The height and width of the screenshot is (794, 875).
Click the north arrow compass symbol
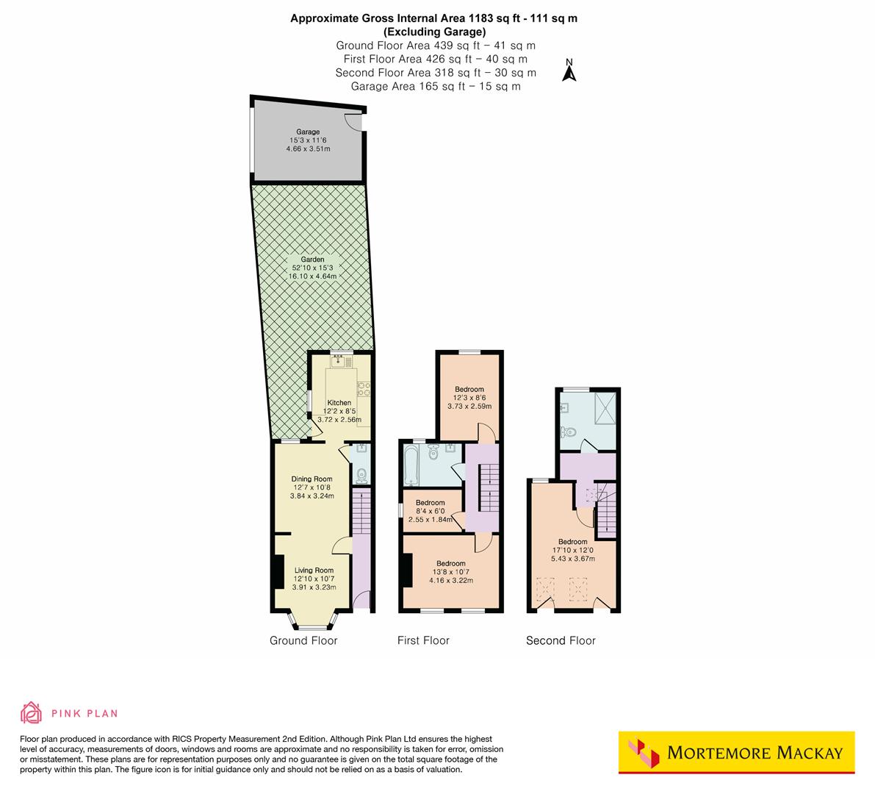click(569, 71)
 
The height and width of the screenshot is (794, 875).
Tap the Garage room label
click(308, 132)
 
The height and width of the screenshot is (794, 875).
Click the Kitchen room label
click(339, 403)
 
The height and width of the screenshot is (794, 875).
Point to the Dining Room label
click(312, 479)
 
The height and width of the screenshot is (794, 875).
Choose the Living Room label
click(314, 571)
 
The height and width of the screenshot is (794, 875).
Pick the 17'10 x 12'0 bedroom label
click(572, 543)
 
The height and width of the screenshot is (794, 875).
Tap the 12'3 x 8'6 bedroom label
click(469, 390)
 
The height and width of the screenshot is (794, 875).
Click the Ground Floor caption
click(303, 641)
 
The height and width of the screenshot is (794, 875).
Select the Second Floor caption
click(561, 641)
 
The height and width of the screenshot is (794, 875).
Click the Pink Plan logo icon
click(32, 712)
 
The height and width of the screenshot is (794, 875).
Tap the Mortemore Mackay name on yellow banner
click(755, 753)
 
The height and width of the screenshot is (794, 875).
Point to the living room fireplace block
click(278, 571)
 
